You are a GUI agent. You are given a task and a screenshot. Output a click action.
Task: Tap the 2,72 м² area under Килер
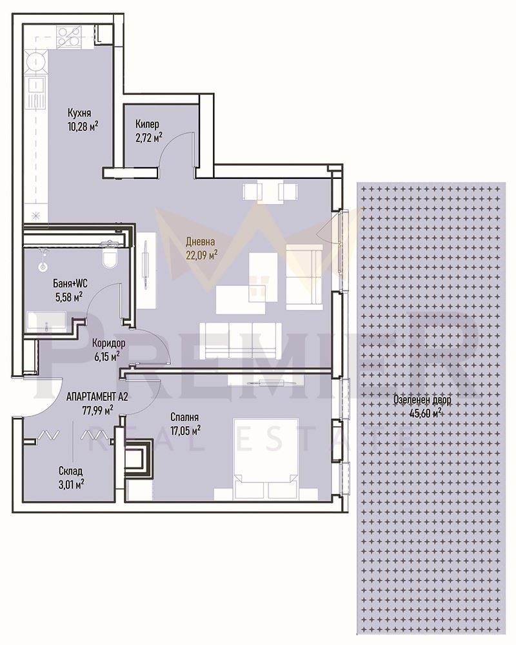pos(148,137)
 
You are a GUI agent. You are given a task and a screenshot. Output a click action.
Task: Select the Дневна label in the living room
pos(200,242)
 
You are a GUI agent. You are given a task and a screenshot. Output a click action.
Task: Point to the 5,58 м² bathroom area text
pos(68,297)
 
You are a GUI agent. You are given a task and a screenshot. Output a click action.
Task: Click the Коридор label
pos(108,344)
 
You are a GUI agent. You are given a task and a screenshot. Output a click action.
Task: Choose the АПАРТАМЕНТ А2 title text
pos(97,396)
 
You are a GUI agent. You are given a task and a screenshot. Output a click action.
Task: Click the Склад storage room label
pos(70,471)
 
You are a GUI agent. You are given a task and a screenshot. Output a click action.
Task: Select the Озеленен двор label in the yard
pos(422,400)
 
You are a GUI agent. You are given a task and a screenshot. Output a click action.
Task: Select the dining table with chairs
pos(270,192)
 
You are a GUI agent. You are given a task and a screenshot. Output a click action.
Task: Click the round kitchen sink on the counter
pos(37,63)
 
